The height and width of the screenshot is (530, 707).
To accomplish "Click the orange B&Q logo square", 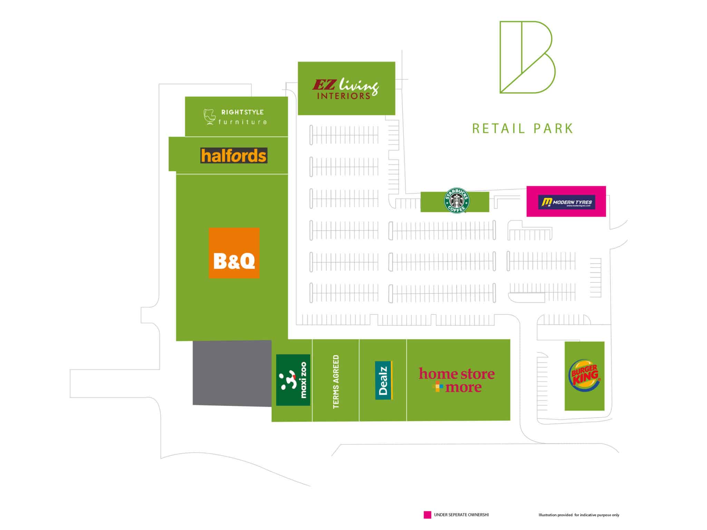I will [234, 253].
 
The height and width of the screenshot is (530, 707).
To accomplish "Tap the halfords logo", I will [234, 156].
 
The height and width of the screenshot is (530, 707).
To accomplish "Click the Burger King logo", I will [584, 376].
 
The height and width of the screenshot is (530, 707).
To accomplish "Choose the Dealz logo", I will [384, 380].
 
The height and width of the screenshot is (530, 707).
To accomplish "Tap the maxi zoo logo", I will [293, 380].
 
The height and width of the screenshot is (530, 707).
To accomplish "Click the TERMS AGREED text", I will [336, 382].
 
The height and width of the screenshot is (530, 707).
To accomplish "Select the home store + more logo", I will [457, 380].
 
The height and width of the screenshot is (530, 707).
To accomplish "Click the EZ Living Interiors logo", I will [345, 89].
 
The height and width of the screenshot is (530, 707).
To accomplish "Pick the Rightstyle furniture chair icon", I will [209, 117].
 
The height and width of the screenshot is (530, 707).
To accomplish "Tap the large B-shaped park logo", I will [527, 57].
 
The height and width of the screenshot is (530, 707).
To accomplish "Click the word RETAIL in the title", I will [498, 128].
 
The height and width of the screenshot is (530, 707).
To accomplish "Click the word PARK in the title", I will [553, 128].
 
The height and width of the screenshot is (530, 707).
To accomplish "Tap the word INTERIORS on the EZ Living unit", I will [343, 96].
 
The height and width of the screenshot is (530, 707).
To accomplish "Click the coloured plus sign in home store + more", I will [438, 387].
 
